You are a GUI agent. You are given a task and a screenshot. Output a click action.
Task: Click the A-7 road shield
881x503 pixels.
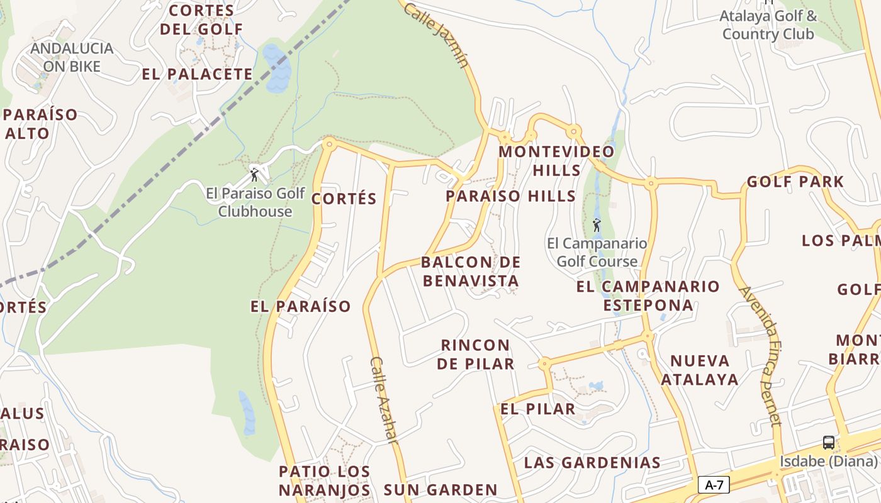[x=714, y=485]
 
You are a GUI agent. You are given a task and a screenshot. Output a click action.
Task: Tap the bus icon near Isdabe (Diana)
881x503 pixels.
[x=829, y=442]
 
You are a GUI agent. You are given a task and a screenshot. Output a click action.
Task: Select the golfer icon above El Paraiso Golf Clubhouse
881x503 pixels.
[x=254, y=175]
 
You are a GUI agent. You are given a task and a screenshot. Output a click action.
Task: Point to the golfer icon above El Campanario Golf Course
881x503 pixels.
[x=596, y=224]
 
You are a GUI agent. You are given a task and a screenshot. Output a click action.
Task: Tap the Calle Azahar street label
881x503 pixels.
[x=384, y=401]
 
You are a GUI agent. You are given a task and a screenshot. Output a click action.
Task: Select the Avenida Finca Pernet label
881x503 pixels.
[x=761, y=356]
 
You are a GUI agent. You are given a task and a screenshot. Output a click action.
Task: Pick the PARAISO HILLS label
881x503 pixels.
[x=510, y=196]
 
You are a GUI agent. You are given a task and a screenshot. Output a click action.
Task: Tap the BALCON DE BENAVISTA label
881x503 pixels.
[x=471, y=271]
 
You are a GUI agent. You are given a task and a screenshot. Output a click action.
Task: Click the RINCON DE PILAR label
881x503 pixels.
[x=476, y=354]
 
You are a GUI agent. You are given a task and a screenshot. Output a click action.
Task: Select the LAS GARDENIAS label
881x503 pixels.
[x=592, y=463]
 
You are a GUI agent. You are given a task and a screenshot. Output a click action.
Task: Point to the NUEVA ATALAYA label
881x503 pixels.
[x=700, y=370]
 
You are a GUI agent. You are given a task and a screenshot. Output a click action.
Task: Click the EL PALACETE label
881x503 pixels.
[x=197, y=74]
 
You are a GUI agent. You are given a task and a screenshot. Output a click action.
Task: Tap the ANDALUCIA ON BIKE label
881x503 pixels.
[x=72, y=57]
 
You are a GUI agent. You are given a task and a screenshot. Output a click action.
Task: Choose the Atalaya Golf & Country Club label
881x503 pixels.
[x=768, y=25]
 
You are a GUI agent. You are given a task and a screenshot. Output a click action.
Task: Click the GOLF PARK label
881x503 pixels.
[x=795, y=182]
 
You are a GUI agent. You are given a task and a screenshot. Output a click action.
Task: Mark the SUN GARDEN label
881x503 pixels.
[x=441, y=490]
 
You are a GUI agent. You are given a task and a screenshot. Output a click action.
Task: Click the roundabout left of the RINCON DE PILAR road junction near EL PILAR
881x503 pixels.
[x=544, y=363]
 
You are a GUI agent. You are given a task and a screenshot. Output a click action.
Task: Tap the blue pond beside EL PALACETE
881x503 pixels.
[x=278, y=69]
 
